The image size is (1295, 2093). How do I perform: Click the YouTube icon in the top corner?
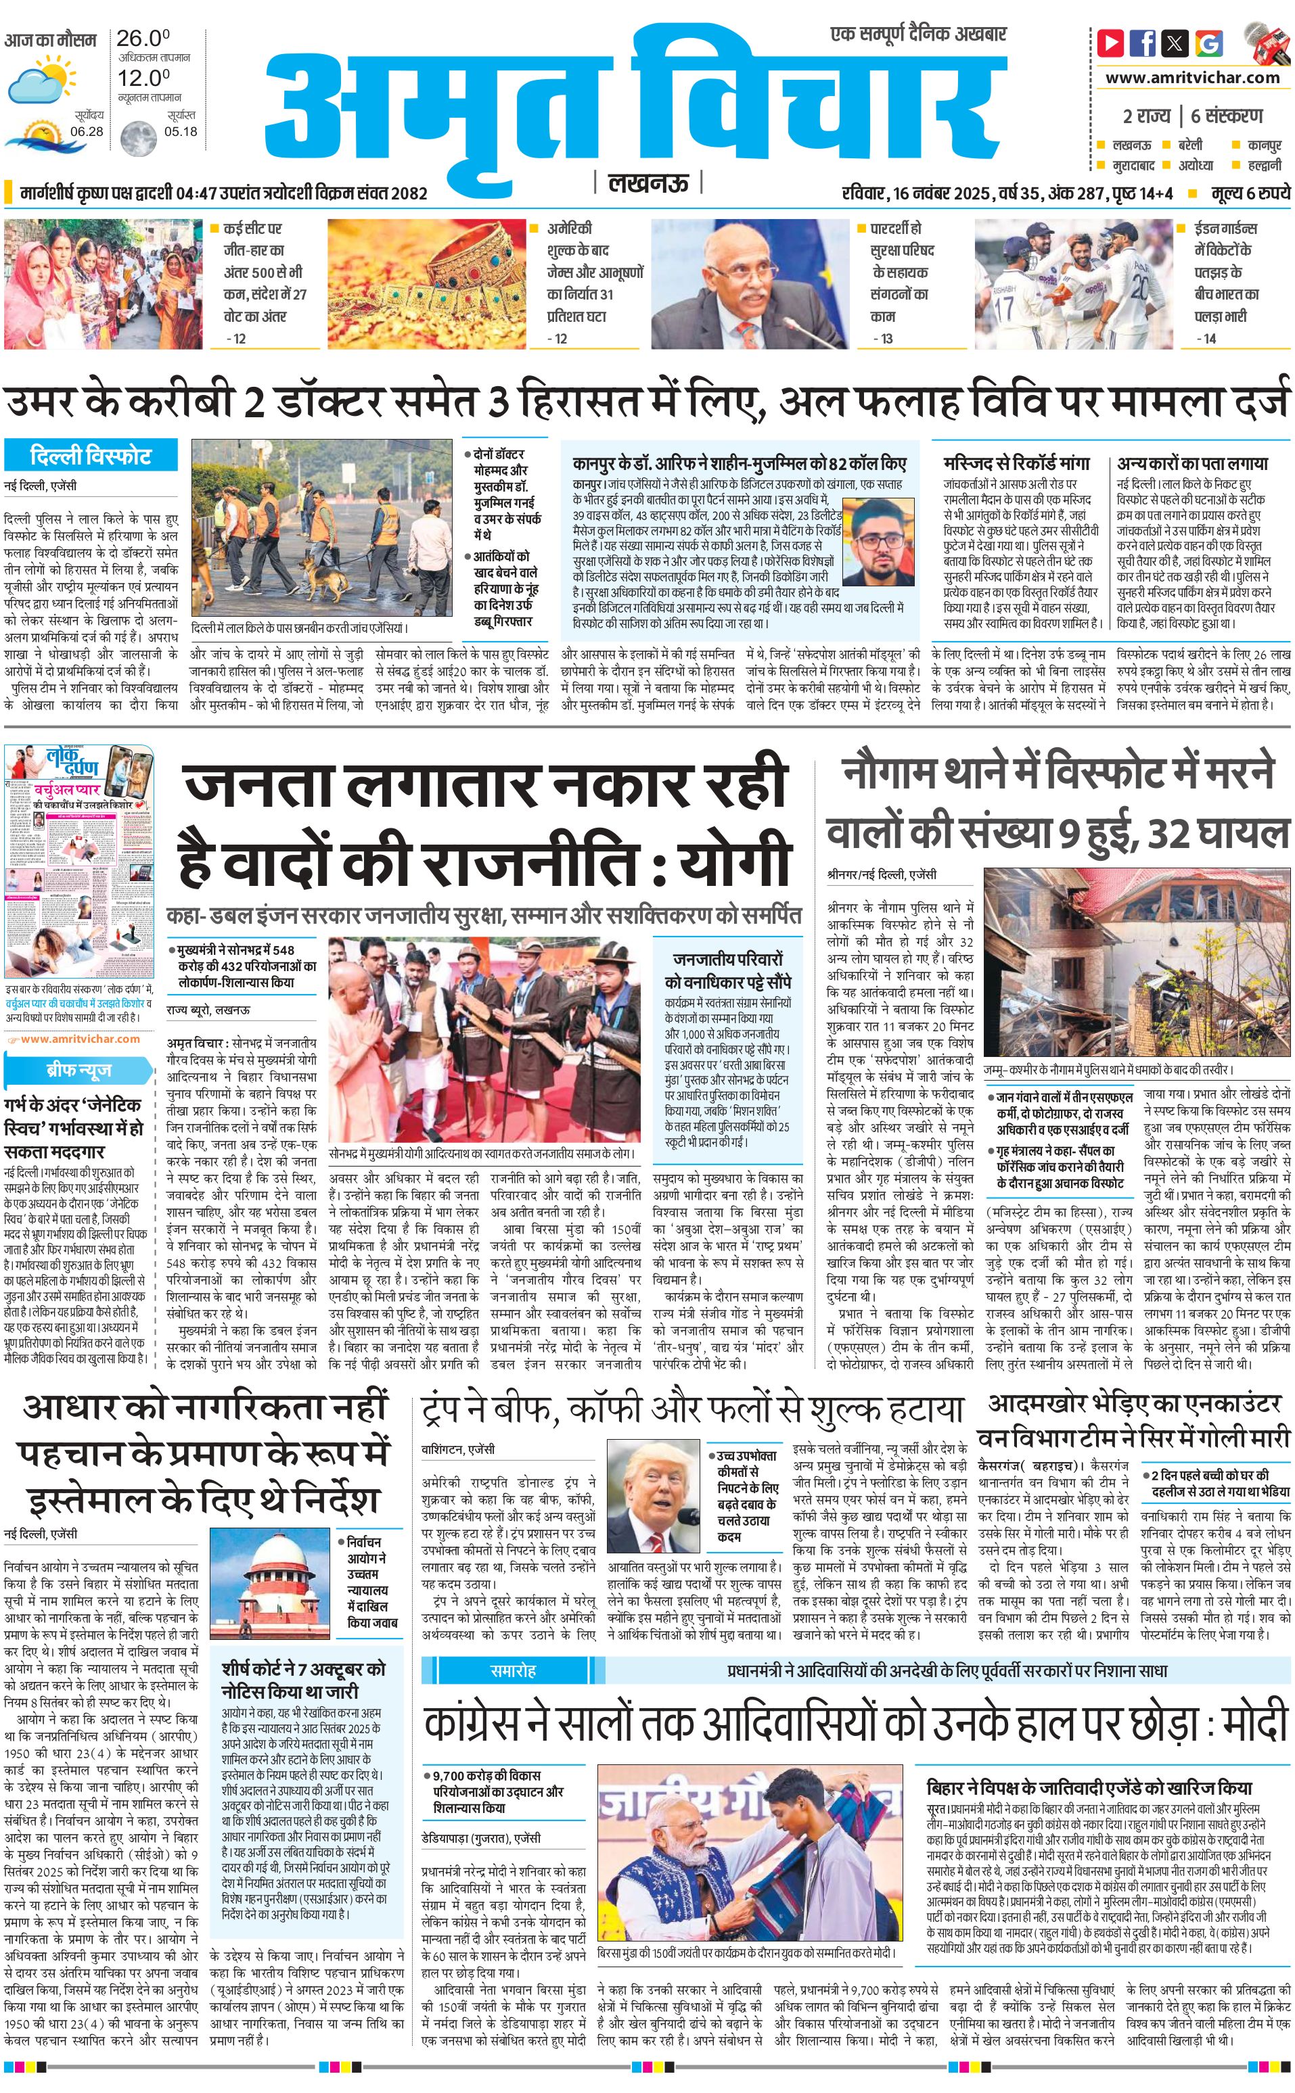1111,43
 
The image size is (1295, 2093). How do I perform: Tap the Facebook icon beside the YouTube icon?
1143,43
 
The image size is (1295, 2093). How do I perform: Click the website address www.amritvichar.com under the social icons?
1191,78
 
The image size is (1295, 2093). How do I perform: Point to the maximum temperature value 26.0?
143,39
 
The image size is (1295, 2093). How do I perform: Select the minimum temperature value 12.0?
143,78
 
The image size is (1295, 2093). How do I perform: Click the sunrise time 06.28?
87,132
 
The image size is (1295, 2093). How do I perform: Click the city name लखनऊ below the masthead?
647,183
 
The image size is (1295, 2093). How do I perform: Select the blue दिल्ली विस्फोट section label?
91,455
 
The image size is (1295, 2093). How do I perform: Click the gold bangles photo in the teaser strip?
428,283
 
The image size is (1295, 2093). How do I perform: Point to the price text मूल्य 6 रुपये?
1250,194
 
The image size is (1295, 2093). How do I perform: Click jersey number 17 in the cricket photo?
1003,309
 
